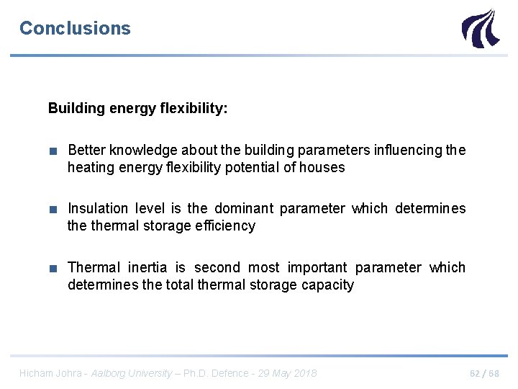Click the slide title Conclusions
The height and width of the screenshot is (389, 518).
75,28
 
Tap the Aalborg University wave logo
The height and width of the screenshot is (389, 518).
479,28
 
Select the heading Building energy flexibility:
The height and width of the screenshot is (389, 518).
137,108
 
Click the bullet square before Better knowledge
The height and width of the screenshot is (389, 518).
53,151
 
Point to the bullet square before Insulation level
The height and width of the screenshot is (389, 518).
53,209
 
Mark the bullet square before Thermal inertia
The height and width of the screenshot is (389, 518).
53,268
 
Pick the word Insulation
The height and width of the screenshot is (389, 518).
98,208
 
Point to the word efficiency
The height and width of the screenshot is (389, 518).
227,225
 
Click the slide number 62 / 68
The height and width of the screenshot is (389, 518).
483,373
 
